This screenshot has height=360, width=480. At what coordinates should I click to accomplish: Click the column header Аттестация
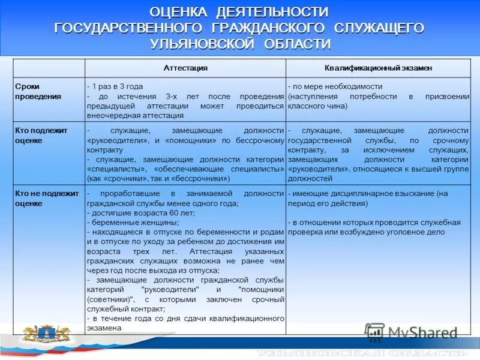click(x=185, y=68)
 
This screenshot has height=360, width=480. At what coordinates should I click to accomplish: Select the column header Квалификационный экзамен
click(x=379, y=68)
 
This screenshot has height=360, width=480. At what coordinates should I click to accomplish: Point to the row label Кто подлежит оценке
click(x=41, y=135)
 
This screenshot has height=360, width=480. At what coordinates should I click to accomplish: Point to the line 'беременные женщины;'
click(x=124, y=223)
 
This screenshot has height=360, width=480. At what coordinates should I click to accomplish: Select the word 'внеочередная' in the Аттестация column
click(x=109, y=115)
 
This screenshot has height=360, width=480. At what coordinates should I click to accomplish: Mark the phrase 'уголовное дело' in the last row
click(x=423, y=232)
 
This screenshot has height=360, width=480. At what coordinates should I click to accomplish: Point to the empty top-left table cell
click(x=49, y=68)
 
